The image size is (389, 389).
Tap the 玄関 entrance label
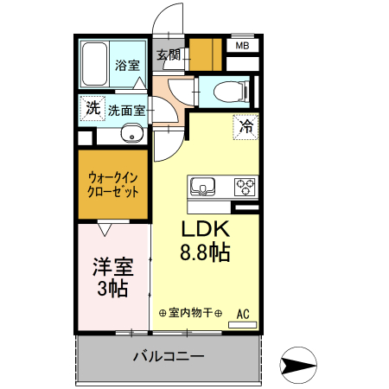tap(169, 56)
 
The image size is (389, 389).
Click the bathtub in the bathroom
tap(94, 63)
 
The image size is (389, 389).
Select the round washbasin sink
tap(131, 134)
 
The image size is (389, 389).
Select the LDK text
tap(204, 231)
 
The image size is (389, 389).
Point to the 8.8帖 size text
tap(205, 253)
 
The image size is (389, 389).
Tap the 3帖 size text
tap(113, 289)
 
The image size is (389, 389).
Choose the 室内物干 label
tap(191, 313)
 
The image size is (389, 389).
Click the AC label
tap(243, 313)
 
